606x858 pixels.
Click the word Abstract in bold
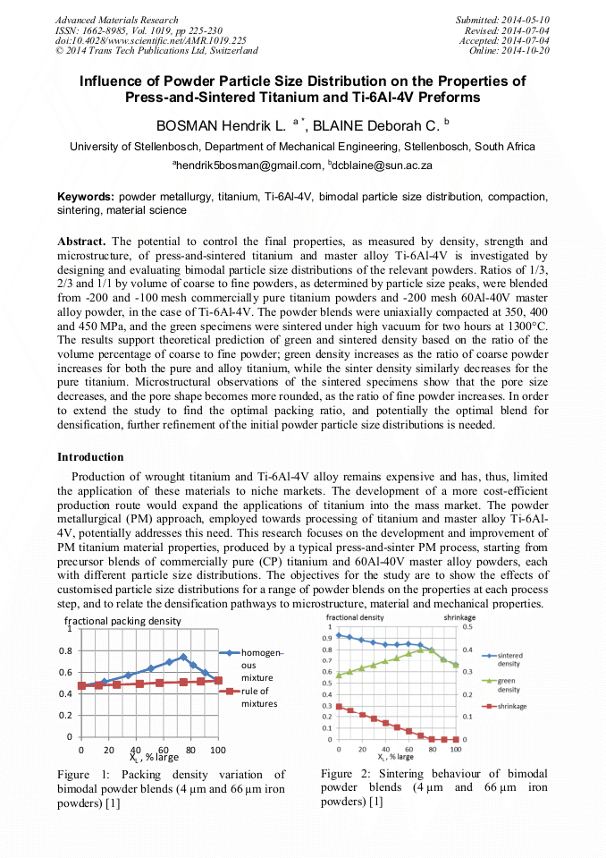82,242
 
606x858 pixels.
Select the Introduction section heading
90,457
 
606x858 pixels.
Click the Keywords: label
86,196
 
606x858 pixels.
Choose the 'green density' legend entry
509,685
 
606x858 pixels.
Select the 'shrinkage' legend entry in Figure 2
512,707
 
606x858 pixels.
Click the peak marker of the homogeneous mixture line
183,657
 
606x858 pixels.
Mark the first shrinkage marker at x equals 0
339,706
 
